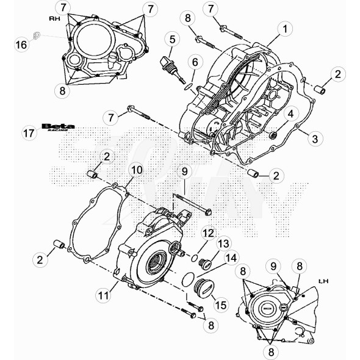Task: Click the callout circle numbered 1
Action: (284, 28)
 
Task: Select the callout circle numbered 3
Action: (314, 139)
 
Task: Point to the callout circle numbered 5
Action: (173, 40)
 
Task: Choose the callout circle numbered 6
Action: (194, 62)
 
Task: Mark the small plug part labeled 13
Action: (205, 265)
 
